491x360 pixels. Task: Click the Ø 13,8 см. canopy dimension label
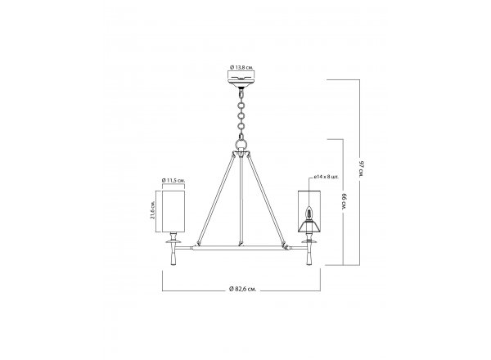coord(241,67)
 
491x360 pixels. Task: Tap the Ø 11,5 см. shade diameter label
coord(173,180)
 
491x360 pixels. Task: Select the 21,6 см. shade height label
coord(153,209)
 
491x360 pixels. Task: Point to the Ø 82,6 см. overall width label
coord(243,290)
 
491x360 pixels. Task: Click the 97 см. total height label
coord(362,169)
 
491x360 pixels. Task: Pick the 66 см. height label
coord(345,202)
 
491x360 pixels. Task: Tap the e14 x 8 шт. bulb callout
coord(327,177)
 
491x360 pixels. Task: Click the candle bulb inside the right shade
coord(309,214)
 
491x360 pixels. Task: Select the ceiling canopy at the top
coord(241,83)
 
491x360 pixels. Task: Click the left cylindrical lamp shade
coord(173,210)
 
